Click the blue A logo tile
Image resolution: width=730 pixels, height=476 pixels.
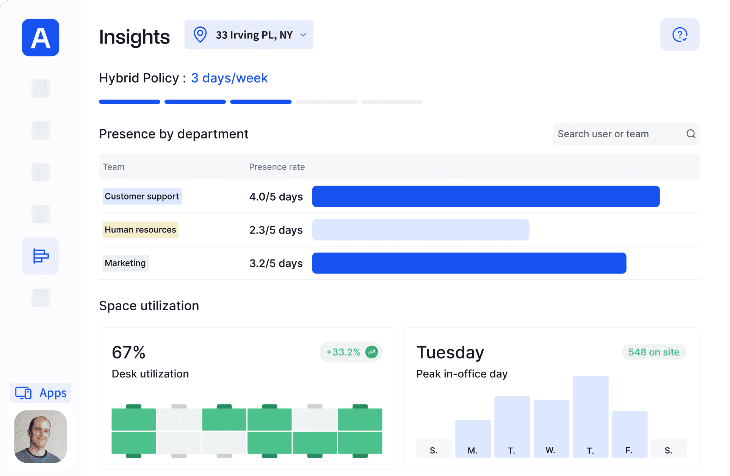click(41, 38)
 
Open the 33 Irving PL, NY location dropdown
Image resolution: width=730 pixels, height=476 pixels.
click(249, 35)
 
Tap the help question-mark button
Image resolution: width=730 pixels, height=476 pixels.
click(680, 35)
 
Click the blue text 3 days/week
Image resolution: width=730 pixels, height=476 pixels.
click(229, 78)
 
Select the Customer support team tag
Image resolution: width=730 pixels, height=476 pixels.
click(142, 196)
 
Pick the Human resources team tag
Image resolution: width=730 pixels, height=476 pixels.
click(140, 230)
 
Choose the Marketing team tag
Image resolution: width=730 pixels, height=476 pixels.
click(125, 263)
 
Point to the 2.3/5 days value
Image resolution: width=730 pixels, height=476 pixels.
click(276, 230)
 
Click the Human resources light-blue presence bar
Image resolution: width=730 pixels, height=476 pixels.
click(420, 230)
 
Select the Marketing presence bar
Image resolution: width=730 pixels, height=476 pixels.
click(469, 263)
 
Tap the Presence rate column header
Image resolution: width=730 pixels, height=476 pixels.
click(277, 167)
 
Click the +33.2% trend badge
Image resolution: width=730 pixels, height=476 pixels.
click(351, 352)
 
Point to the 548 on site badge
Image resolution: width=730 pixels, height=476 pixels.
click(654, 352)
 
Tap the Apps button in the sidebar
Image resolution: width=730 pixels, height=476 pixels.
click(41, 393)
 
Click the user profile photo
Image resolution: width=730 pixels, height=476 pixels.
click(41, 436)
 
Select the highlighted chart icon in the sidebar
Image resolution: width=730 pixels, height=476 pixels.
click(41, 256)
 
